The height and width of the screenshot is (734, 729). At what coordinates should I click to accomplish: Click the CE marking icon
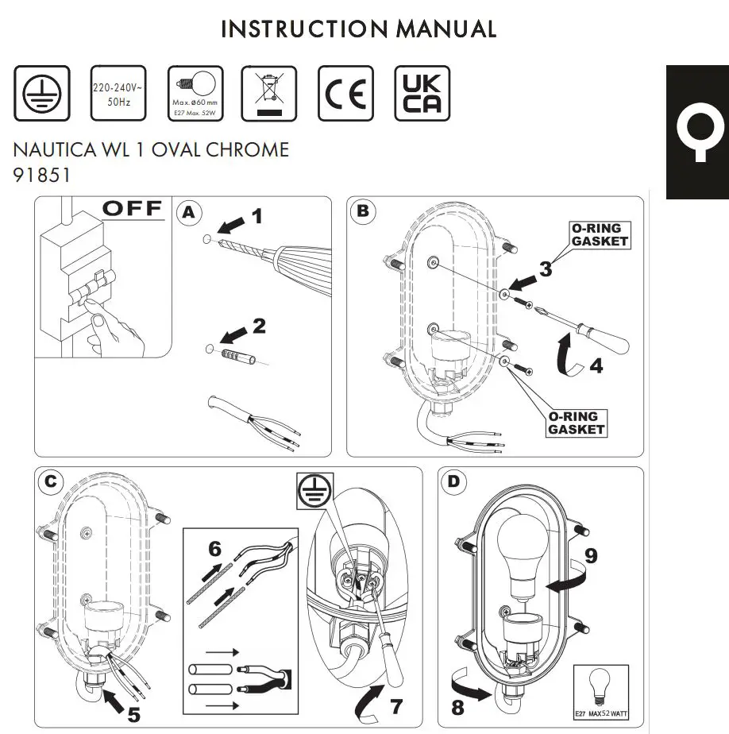pos(345,94)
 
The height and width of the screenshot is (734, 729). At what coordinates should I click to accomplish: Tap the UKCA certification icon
pos(422,94)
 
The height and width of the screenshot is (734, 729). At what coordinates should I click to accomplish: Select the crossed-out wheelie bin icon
pos(268,94)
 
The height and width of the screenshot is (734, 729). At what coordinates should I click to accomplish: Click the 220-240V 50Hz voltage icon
pos(118,94)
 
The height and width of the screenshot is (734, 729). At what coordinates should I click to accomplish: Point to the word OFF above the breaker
pos(133,210)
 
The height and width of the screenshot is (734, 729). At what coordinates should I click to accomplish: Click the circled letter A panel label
pos(189,212)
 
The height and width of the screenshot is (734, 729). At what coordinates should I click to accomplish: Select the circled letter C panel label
pos(51,481)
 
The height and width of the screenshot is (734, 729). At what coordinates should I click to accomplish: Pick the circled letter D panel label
pos(453,481)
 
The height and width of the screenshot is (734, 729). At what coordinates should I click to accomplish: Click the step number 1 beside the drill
pos(256,215)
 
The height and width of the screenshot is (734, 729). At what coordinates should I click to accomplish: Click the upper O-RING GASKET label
pos(600,235)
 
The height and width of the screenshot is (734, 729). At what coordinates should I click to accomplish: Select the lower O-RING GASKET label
pos(576,423)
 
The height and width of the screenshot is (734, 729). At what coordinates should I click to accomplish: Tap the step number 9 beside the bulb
pos(589,556)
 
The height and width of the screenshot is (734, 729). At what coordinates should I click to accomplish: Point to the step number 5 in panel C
pos(135,713)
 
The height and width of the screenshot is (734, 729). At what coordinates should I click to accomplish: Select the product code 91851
pos(42,176)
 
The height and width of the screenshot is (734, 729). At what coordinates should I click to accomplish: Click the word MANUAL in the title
pos(446,29)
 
